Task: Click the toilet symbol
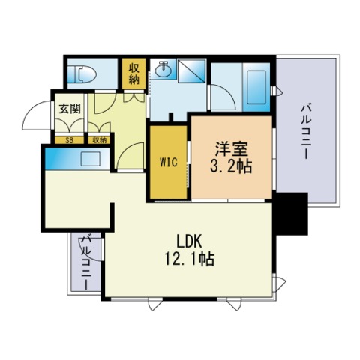[82, 74]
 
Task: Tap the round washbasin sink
[163, 69]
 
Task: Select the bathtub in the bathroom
[256, 87]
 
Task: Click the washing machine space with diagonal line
[191, 70]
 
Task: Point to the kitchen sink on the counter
[91, 158]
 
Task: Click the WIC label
[169, 162]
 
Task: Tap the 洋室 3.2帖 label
[231, 157]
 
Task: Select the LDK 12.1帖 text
[189, 250]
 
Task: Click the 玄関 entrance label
[70, 109]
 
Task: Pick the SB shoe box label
[69, 140]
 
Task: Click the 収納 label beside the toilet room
[134, 73]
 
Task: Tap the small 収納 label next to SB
[100, 140]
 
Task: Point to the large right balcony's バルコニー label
[306, 132]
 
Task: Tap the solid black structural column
[292, 214]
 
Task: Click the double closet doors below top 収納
[134, 97]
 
